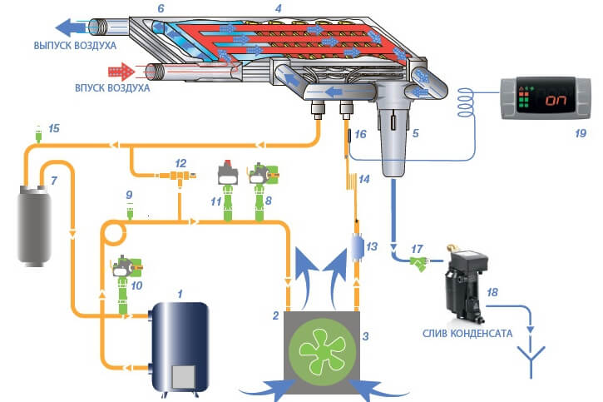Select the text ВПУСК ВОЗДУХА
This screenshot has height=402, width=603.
(x=111, y=87)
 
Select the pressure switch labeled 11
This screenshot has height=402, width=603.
(x=228, y=176)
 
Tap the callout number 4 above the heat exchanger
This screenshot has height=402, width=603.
(x=279, y=7)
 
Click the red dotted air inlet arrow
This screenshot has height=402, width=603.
(x=121, y=69)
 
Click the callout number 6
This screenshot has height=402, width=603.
(x=161, y=7)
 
